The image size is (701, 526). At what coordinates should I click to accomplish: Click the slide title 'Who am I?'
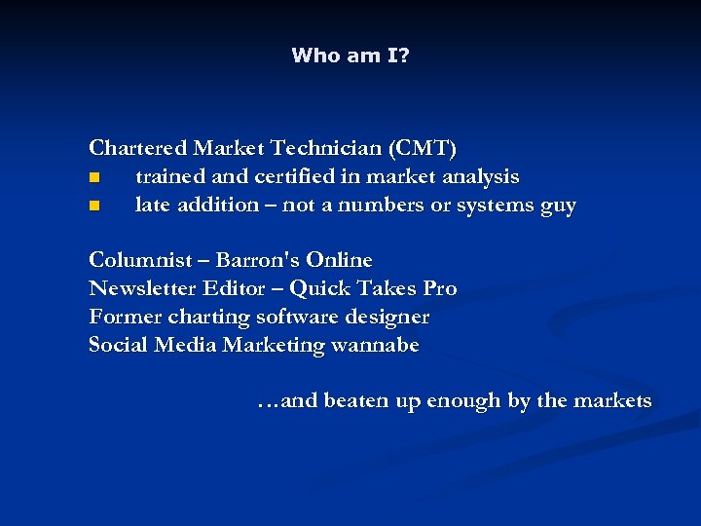pyautogui.click(x=350, y=56)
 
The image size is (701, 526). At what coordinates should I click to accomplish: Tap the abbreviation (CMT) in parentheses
pyautogui.click(x=422, y=149)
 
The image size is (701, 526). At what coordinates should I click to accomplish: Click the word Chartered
pyautogui.click(x=138, y=149)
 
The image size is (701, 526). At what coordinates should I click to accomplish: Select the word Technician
pyautogui.click(x=328, y=149)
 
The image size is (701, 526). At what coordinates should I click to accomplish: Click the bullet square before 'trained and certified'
pyautogui.click(x=93, y=178)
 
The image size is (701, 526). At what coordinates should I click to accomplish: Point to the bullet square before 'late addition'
pyautogui.click(x=93, y=207)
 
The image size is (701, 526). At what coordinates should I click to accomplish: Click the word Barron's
pyautogui.click(x=257, y=260)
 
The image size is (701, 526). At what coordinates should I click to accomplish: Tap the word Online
pyautogui.click(x=339, y=260)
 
